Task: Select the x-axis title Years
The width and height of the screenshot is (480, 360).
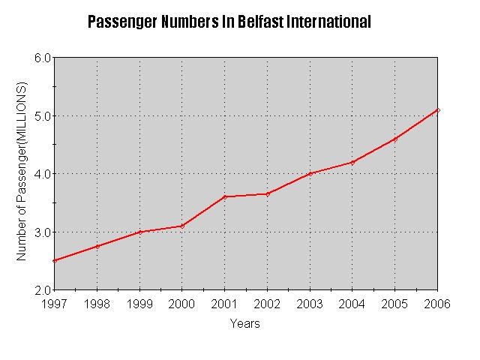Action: coord(245,324)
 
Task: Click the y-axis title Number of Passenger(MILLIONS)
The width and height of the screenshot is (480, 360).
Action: coord(22,172)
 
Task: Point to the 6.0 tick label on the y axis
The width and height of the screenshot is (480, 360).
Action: coord(42,58)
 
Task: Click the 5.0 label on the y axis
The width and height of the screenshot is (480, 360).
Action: coord(42,115)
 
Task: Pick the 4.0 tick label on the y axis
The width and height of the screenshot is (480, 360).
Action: coord(42,174)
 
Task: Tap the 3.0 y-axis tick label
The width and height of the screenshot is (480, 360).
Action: coord(42,232)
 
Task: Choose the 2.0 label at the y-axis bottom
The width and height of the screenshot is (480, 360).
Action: coord(42,290)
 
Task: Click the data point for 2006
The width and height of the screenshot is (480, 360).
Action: coord(438,110)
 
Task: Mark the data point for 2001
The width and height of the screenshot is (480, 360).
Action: coord(224,196)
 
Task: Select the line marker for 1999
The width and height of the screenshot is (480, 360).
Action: coord(139,232)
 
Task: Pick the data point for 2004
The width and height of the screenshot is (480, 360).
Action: coord(352,162)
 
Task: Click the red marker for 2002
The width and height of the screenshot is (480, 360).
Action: coord(267,193)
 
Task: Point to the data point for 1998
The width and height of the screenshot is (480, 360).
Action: coord(97,246)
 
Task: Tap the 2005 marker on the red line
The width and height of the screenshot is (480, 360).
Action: coord(395,139)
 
